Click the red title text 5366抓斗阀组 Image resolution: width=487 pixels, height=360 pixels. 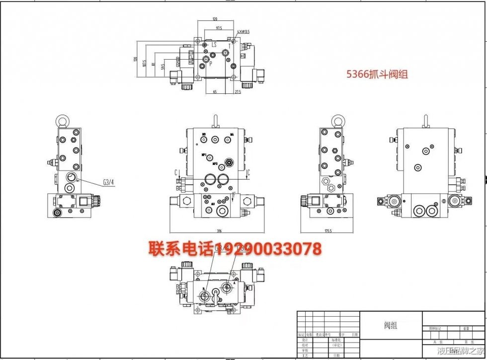click(377, 75)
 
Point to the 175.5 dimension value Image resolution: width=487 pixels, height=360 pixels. click(326, 230)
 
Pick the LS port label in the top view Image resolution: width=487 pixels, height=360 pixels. click(214, 45)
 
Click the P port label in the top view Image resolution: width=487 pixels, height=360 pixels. click(211, 64)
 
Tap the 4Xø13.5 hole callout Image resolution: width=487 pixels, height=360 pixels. click(243, 32)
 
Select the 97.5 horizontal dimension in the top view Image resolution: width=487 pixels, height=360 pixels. click(219, 28)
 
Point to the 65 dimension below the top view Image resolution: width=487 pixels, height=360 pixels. click(215, 92)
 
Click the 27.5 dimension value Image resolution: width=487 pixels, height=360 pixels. click(237, 92)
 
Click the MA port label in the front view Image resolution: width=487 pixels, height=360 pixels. click(232, 135)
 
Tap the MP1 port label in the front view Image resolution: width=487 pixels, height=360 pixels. click(204, 155)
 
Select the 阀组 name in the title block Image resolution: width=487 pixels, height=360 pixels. click(391, 326)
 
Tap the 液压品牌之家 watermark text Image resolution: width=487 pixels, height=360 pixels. click(460, 352)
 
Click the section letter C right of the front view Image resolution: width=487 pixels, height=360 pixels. click(248, 173)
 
